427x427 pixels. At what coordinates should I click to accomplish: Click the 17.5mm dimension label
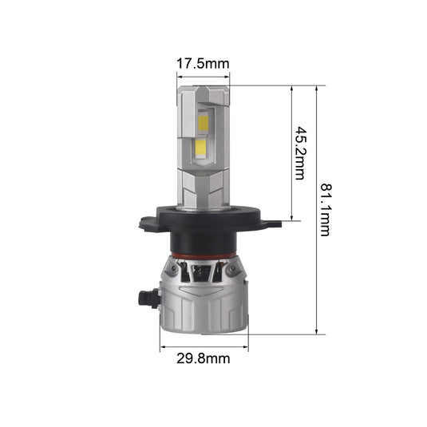pos(203,64)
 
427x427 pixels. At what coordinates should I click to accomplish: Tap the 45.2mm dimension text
pos(300,153)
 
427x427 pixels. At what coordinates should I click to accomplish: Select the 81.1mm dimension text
pos(325,210)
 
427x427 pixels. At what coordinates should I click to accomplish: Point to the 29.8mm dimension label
pos(204,358)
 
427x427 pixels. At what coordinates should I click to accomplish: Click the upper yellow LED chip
pos(203,123)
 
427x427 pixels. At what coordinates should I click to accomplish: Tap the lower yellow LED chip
pos(200,148)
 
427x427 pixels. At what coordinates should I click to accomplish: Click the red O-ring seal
pos(203,256)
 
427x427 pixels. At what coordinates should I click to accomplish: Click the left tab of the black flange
pos(148,223)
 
